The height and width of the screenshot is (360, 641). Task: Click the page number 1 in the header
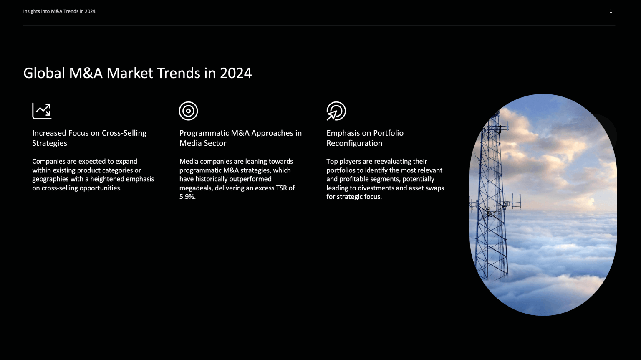tap(611, 11)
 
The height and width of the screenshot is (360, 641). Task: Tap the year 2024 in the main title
tap(236, 73)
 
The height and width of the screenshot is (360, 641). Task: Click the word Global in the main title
tap(44, 73)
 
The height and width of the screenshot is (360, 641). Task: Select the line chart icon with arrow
tap(42, 111)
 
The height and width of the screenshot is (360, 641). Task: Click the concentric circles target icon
tap(188, 111)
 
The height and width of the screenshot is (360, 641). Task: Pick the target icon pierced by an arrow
tap(336, 111)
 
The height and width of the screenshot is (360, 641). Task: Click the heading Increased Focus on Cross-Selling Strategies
tap(89, 138)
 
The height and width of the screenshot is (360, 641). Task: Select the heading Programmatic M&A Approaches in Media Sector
tap(240, 138)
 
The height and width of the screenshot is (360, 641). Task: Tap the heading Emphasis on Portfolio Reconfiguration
tap(365, 138)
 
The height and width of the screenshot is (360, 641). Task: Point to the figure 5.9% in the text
tap(187, 197)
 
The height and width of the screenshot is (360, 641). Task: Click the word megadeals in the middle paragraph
tap(196, 188)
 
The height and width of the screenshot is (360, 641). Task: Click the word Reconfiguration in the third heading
tap(354, 143)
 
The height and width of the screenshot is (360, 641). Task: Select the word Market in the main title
tap(130, 73)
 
